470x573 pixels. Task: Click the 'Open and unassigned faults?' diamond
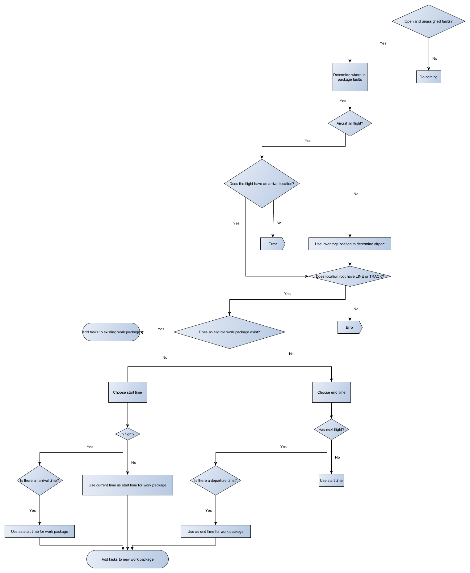pos(428,21)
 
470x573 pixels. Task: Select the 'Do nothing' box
pos(428,77)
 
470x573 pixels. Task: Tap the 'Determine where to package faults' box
pos(350,77)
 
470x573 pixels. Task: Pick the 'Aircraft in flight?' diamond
pos(350,123)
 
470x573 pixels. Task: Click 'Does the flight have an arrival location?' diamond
pos(262,184)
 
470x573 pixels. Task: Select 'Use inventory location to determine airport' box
pos(350,244)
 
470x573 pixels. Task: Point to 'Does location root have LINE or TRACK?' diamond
pos(350,276)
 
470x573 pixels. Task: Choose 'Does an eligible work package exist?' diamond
pos(229,332)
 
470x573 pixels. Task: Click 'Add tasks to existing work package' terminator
pos(111,332)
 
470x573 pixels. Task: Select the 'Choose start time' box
pos(128,392)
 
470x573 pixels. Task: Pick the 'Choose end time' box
pos(331,392)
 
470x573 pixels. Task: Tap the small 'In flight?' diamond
pos(128,434)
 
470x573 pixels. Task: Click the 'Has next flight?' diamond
pos(331,430)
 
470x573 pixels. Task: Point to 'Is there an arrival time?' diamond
pos(40,481)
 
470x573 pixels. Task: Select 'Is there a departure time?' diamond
pos(216,481)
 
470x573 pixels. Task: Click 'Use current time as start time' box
pos(128,485)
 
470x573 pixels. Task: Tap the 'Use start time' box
pos(331,481)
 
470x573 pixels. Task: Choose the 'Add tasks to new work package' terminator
pos(128,559)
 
